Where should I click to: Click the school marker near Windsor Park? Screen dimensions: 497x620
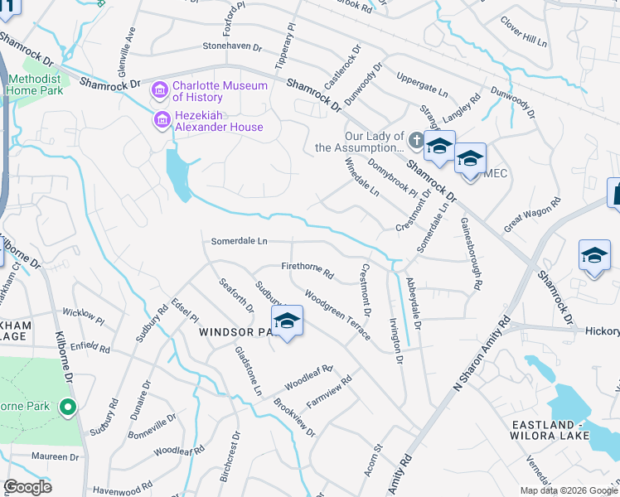(x=287, y=321)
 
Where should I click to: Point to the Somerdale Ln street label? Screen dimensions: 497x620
(x=240, y=241)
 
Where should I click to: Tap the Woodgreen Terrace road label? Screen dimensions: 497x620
(x=337, y=313)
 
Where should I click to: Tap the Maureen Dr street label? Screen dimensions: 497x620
(x=55, y=456)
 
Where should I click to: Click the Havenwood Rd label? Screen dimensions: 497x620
(x=124, y=490)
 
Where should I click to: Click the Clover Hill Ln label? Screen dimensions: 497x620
(x=524, y=31)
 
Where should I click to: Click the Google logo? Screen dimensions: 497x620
(x=29, y=487)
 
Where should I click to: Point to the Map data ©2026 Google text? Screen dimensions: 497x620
(x=569, y=490)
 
